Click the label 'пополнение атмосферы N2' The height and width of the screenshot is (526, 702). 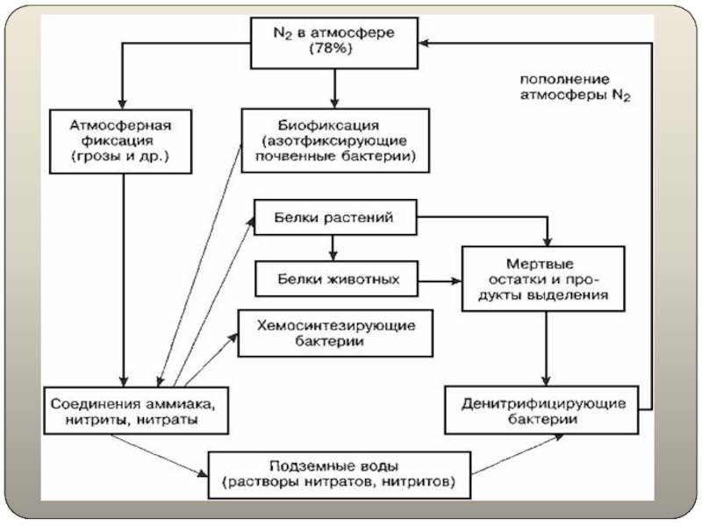tap(576, 87)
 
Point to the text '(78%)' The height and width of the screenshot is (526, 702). tap(331, 48)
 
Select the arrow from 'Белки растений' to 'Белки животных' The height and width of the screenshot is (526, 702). tap(333, 248)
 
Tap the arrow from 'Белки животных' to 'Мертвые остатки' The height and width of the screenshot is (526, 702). tap(440, 281)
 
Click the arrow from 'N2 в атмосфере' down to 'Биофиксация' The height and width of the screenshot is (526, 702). tap(334, 89)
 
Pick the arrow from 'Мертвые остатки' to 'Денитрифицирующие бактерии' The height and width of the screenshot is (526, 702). tap(546, 348)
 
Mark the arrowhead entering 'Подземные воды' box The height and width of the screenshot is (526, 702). tap(203, 473)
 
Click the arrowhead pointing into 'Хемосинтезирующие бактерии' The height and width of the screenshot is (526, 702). tap(233, 338)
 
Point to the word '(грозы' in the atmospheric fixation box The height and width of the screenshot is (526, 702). tap(90, 157)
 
